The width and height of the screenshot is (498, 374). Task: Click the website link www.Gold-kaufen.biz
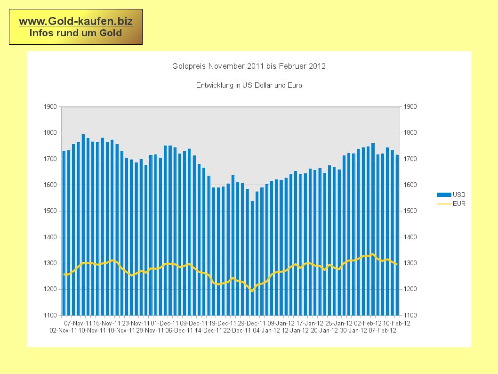tap(75, 21)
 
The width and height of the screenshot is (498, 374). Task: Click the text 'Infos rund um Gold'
tap(75, 33)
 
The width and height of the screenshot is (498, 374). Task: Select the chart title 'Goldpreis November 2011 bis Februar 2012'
tap(249, 66)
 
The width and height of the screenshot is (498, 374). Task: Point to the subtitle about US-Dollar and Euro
tap(249, 86)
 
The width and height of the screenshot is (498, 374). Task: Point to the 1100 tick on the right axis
tap(410, 315)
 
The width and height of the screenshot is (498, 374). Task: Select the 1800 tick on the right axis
tap(410, 133)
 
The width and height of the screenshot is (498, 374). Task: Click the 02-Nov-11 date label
tap(63, 331)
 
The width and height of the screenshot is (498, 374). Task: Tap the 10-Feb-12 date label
tap(396, 324)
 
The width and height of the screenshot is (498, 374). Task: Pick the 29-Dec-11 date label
tap(252, 324)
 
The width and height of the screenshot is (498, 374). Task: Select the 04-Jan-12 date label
tap(266, 331)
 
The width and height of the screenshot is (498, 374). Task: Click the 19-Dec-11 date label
tap(223, 324)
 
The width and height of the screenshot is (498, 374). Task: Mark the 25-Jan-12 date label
tap(338, 324)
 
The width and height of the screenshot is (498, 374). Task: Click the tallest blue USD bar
tap(83, 226)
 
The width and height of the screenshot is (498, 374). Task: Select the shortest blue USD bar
tap(252, 259)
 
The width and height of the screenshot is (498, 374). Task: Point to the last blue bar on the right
tap(397, 236)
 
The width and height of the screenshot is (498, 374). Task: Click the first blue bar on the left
tap(64, 236)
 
